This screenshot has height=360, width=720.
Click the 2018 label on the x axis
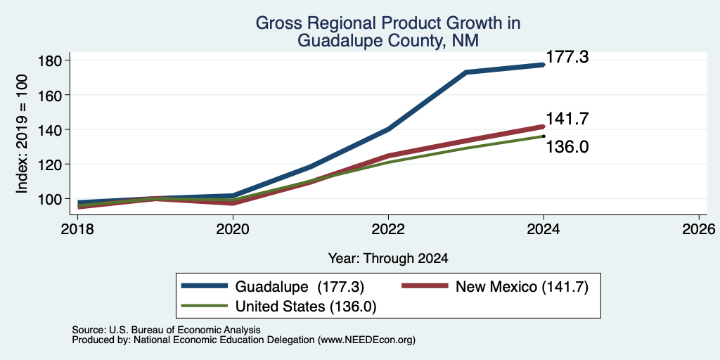(x=77, y=229)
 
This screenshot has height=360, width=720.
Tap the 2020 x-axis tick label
(x=233, y=229)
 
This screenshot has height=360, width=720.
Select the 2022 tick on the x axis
(x=388, y=229)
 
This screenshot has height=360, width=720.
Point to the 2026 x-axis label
(x=699, y=229)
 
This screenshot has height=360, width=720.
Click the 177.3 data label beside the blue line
(x=567, y=58)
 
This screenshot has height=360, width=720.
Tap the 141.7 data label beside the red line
(x=567, y=119)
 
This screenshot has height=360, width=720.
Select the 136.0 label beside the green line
(x=567, y=148)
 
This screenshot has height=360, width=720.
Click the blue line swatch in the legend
(x=205, y=286)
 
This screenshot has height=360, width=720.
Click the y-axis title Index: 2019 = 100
(x=22, y=134)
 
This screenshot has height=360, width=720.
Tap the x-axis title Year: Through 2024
(x=388, y=259)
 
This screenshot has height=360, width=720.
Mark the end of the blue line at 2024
(x=544, y=65)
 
